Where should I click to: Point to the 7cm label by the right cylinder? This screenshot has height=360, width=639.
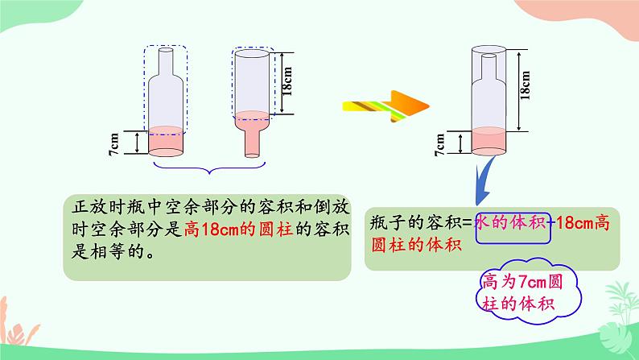tap(439, 144)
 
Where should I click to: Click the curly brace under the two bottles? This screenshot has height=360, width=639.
tap(209, 169)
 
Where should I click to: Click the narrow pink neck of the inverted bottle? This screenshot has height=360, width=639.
tap(252, 141)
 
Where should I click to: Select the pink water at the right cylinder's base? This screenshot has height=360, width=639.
tap(490, 140)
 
